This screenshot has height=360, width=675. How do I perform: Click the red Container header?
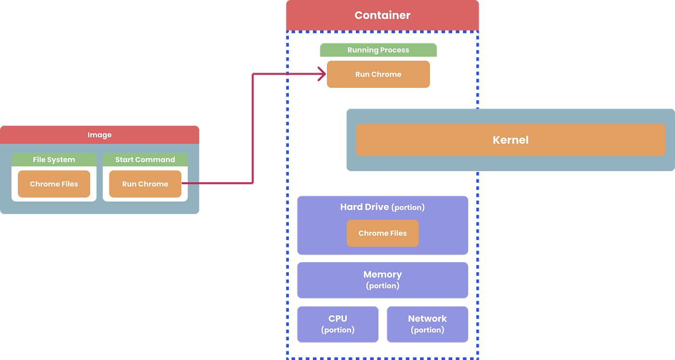coord(382,15)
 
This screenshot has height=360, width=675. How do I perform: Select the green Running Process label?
coord(378,50)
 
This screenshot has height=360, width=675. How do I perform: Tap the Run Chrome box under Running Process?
coord(378,74)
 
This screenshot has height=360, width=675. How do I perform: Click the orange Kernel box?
coord(510,140)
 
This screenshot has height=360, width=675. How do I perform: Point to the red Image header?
coord(100,135)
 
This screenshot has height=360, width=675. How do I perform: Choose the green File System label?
coord(54,160)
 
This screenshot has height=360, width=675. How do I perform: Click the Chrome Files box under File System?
coord(54,184)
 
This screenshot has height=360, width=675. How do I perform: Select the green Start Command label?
coord(145,160)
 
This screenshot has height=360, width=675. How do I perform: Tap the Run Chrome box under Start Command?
coord(145,184)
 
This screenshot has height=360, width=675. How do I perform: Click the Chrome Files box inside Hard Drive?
coord(382,233)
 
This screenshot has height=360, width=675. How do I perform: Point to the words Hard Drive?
coord(364,207)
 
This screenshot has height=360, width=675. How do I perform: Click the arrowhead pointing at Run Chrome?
coord(321,74)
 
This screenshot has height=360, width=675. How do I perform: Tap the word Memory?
coord(382,275)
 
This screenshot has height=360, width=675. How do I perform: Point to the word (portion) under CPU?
coord(337,330)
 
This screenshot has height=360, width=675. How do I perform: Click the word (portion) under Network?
coord(427,330)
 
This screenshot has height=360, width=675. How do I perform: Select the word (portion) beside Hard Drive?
coord(408,207)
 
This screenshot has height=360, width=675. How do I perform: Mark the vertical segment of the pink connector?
coord(252,128)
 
